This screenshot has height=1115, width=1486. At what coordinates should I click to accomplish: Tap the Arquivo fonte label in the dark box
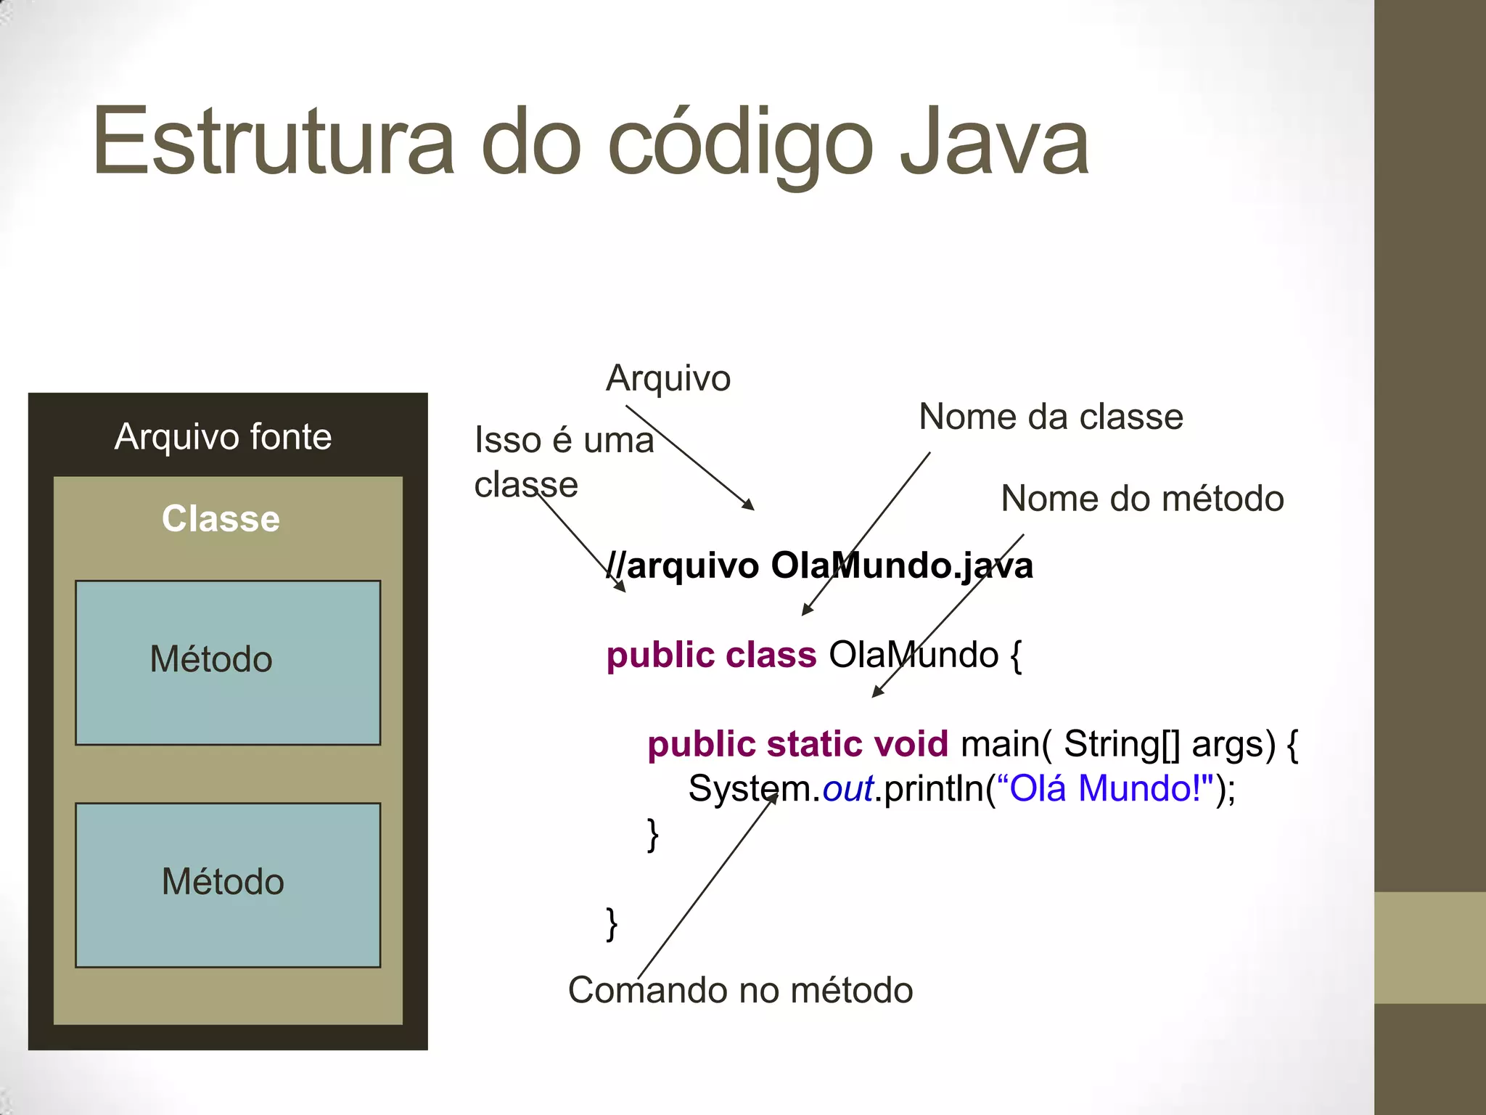223,437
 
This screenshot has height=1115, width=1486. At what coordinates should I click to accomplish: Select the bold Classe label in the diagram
221,519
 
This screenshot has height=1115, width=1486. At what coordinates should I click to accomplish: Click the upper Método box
228,662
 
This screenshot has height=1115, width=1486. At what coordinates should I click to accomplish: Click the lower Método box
228,884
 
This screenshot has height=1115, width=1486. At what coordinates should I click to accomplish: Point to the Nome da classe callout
1051,417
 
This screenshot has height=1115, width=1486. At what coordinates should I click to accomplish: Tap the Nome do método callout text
1142,499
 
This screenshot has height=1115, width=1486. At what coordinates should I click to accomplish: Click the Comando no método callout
740,990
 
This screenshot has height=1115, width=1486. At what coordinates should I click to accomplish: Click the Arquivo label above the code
668,378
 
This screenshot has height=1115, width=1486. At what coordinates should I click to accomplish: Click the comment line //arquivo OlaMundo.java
820,565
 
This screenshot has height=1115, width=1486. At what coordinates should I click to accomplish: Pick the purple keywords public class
711,655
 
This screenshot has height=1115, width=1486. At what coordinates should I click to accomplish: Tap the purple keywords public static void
797,744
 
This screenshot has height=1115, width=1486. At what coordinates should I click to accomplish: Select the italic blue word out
847,789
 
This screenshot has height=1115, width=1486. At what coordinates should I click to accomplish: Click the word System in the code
753,789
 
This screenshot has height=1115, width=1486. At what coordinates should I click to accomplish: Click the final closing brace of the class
612,923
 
